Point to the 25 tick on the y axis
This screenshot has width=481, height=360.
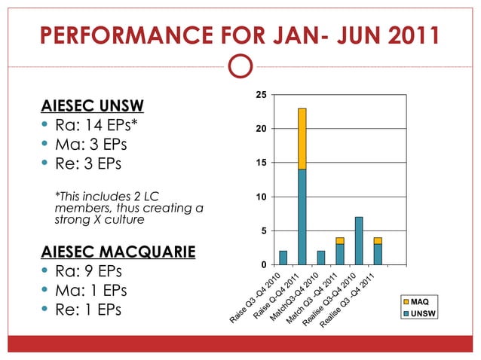click(260, 95)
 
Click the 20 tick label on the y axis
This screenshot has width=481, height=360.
click(260, 129)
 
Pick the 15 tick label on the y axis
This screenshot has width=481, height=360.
click(260, 163)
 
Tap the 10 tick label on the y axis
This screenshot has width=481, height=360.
click(260, 197)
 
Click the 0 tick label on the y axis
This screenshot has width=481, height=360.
click(262, 264)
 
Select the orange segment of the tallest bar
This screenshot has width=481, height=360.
click(302, 139)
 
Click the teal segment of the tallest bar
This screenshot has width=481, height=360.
click(302, 217)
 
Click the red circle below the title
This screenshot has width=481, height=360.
click(240, 66)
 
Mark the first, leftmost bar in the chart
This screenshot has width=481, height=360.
click(283, 258)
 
